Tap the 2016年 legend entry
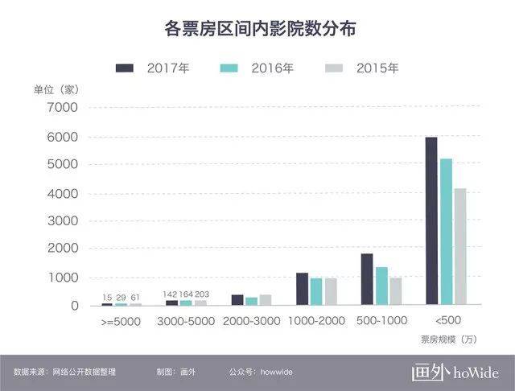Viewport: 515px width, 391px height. point(257,68)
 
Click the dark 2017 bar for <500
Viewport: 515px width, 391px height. point(431,221)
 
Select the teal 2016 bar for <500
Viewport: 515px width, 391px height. point(446,233)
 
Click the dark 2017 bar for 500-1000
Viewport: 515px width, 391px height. point(367,279)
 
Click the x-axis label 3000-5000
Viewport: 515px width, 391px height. point(186,321)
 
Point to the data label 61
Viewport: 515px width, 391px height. point(135,298)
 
